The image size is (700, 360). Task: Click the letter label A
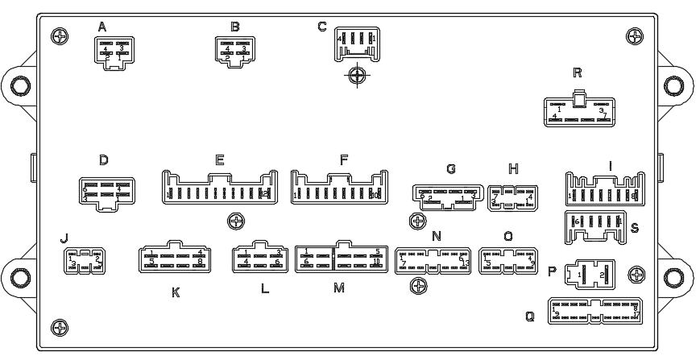click(x=102, y=27)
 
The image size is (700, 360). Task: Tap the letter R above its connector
click(x=577, y=72)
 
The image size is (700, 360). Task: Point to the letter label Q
click(x=529, y=317)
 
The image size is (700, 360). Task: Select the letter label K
click(x=175, y=292)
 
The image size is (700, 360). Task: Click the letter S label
click(x=635, y=228)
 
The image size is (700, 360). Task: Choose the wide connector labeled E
click(x=219, y=188)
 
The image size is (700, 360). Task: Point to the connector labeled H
click(x=512, y=198)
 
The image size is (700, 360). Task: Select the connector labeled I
click(x=604, y=190)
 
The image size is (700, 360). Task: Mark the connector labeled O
click(x=507, y=261)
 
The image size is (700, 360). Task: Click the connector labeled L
click(x=259, y=258)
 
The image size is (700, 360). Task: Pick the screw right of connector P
click(x=636, y=275)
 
